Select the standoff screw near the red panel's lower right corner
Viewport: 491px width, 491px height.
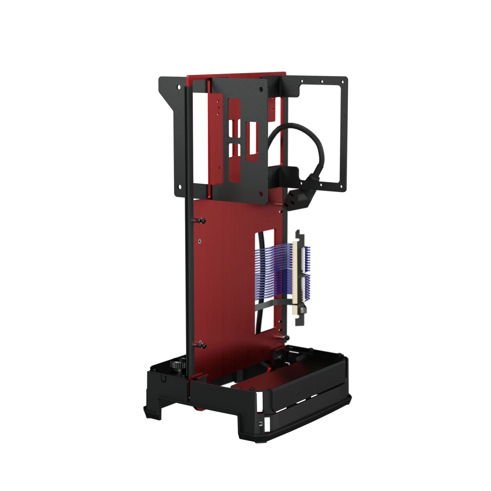coord(286,338)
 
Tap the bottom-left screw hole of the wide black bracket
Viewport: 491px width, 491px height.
coord(178,186)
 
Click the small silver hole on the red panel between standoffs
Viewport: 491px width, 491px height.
coord(200,241)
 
